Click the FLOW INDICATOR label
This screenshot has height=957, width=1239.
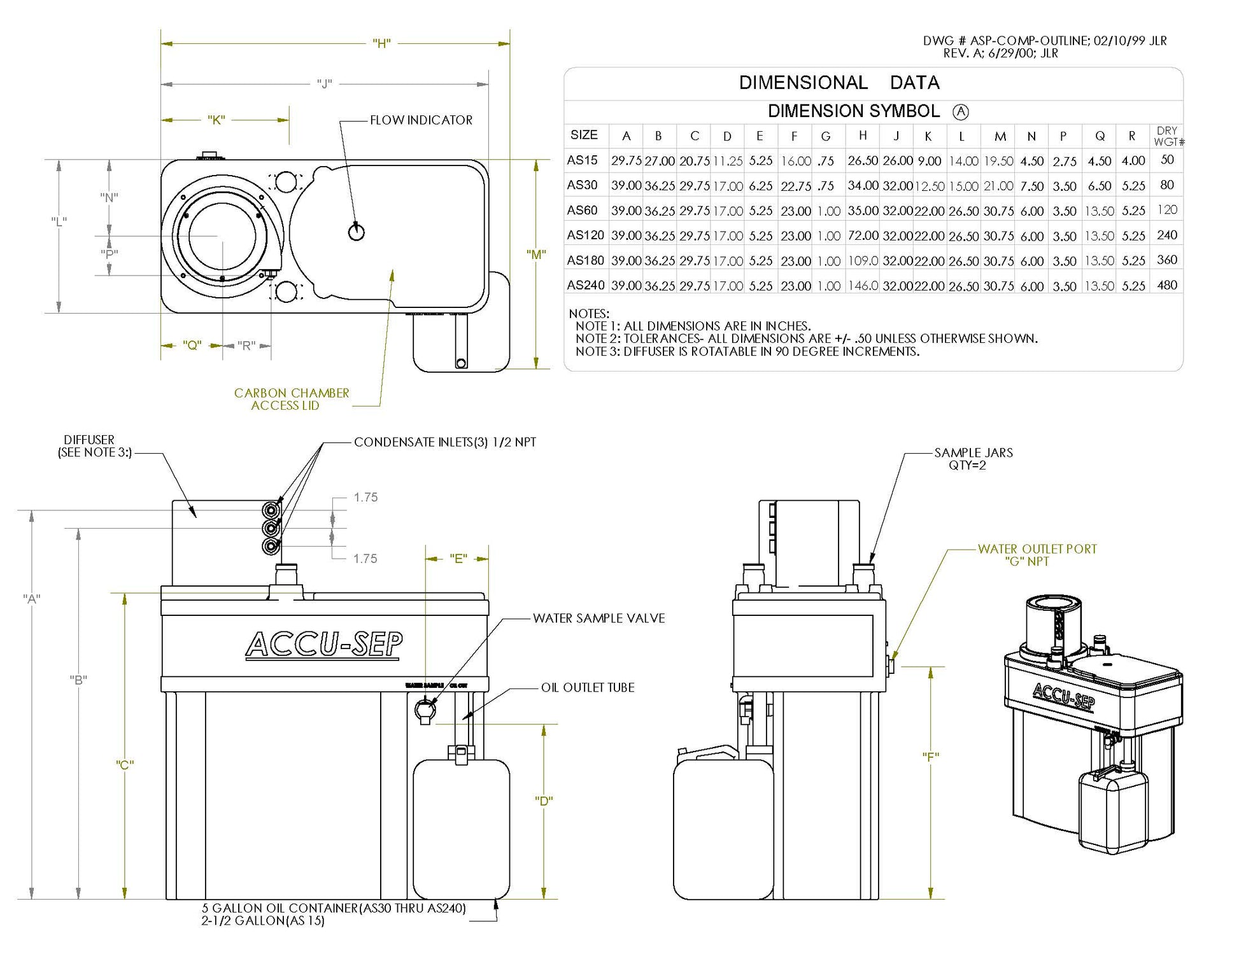click(421, 120)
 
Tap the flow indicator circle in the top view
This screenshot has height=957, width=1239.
click(357, 232)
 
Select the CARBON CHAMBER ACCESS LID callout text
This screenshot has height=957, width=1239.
click(291, 399)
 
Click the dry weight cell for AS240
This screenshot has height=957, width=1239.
click(1166, 285)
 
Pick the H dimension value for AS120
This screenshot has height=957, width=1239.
click(863, 235)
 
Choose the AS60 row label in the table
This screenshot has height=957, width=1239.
click(581, 210)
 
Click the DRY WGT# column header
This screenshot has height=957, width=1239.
click(1168, 136)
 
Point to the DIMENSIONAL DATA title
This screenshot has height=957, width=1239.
click(839, 83)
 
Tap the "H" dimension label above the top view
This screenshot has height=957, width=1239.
click(381, 44)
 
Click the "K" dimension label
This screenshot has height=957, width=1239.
click(216, 120)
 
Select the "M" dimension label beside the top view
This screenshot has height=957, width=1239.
click(536, 255)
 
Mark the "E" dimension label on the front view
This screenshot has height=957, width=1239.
click(458, 559)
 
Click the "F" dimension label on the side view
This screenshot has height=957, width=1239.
click(931, 757)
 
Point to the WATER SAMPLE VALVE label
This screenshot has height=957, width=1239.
click(598, 618)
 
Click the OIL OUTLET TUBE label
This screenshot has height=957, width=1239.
click(588, 687)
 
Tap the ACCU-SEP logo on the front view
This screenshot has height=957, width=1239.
click(324, 644)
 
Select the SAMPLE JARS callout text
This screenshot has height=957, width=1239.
click(972, 459)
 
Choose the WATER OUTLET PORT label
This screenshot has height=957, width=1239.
click(1037, 549)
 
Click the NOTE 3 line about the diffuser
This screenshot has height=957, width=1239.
click(747, 351)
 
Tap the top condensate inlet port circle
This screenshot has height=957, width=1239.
click(272, 510)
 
